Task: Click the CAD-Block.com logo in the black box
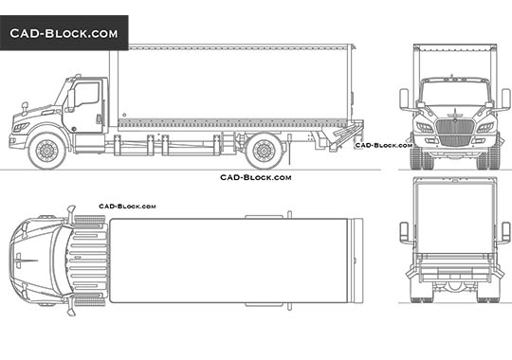click(64, 33)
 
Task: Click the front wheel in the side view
click(46, 150)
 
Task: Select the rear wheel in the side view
click(264, 150)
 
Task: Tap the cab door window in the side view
click(86, 95)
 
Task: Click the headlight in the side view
click(21, 126)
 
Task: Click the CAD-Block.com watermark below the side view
click(255, 177)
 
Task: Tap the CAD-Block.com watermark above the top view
click(127, 206)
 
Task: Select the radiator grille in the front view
click(455, 127)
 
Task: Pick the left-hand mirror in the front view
click(405, 99)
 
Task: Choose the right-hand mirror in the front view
click(506, 99)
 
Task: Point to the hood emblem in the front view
click(455, 114)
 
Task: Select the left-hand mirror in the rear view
click(405, 232)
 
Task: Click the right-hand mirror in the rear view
click(506, 232)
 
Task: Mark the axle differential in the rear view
click(455, 283)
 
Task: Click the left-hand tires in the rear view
click(422, 290)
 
